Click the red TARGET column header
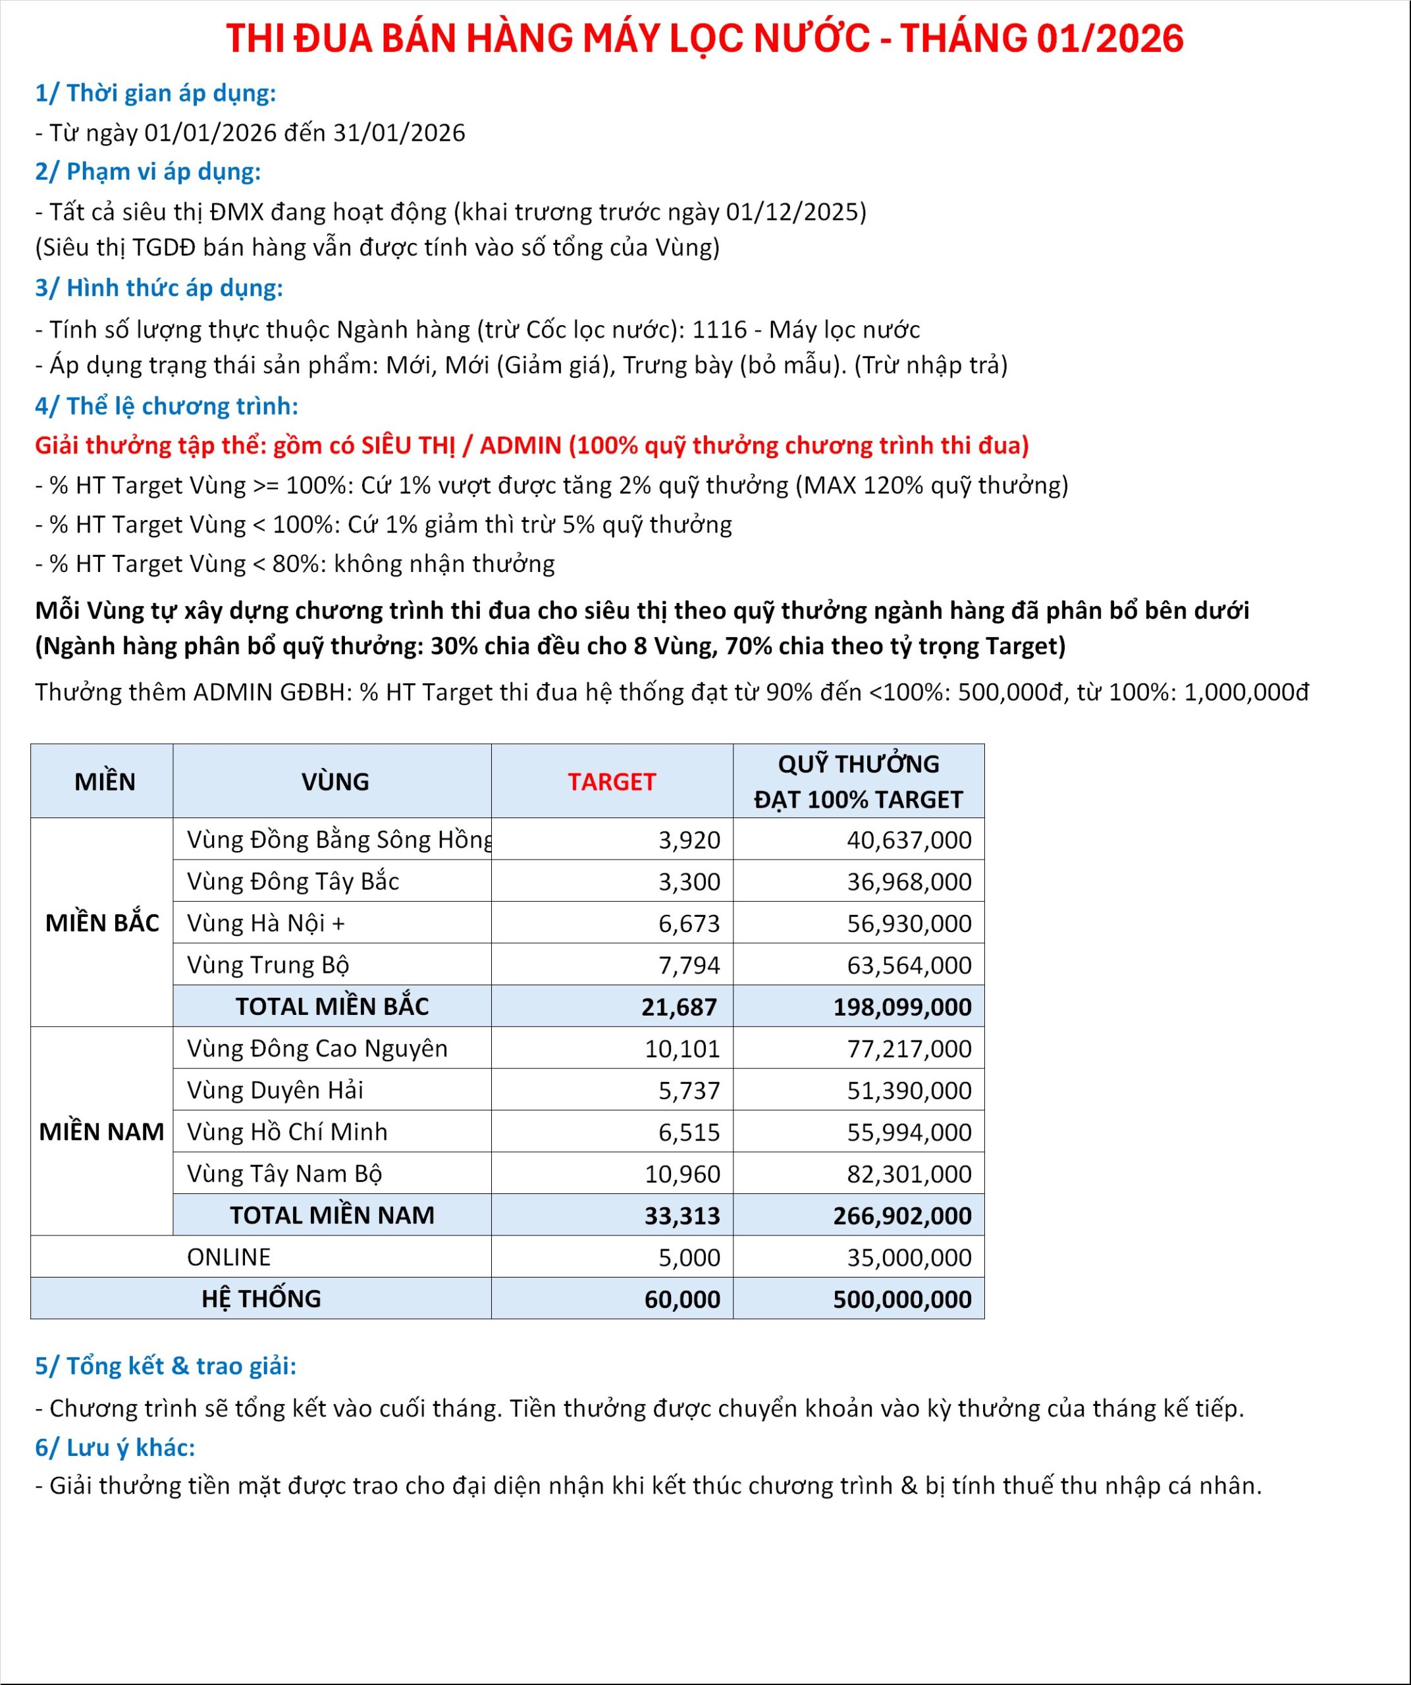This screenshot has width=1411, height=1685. pyautogui.click(x=612, y=781)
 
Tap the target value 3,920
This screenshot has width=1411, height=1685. pyautogui.click(x=689, y=839)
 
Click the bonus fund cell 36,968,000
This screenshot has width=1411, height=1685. pyautogui.click(x=909, y=881)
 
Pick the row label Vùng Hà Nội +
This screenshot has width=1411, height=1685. pyautogui.click(x=265, y=923)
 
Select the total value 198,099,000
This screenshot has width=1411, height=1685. pyautogui.click(x=901, y=1006)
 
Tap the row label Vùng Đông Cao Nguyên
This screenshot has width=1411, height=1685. pyautogui.click(x=317, y=1048)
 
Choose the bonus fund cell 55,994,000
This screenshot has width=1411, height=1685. pyautogui.click(x=909, y=1131)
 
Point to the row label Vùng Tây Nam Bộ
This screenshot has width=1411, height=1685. pyautogui.click(x=284, y=1173)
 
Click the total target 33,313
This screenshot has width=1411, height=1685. pyautogui.click(x=681, y=1215)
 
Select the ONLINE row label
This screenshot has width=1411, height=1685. pyautogui.click(x=228, y=1257)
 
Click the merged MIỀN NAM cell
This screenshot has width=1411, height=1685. pyautogui.click(x=102, y=1131)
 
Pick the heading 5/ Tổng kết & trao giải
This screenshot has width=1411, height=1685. pyautogui.click(x=165, y=1365)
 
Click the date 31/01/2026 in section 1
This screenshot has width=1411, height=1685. pyautogui.click(x=399, y=132)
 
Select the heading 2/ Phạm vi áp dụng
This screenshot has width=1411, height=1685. pyautogui.click(x=147, y=171)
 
